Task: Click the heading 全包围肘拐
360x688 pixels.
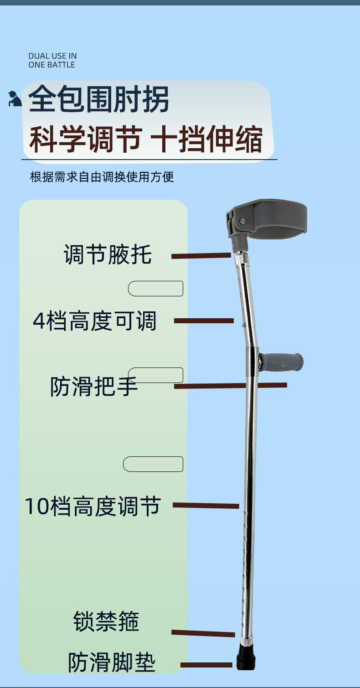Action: coord(99,100)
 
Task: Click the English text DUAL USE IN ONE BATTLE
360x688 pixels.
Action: coord(52,60)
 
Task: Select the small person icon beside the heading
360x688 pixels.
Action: coord(15,99)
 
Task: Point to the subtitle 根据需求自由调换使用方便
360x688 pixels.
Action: coord(102,177)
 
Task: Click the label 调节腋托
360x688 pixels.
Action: coord(108,254)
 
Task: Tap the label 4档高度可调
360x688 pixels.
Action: coord(95,321)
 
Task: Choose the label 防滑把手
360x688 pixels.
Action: coord(94,387)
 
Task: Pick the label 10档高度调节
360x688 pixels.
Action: coord(93,507)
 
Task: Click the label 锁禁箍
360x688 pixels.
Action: coord(106,621)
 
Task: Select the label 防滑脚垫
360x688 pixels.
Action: coord(112,662)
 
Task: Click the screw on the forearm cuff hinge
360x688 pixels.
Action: coord(242,222)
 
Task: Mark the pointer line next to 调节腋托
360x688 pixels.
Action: coord(201,256)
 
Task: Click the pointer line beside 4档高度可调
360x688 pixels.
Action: coord(204,321)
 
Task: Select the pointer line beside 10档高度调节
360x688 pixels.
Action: coord(206,506)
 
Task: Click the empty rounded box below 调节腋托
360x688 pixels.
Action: coord(155,289)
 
